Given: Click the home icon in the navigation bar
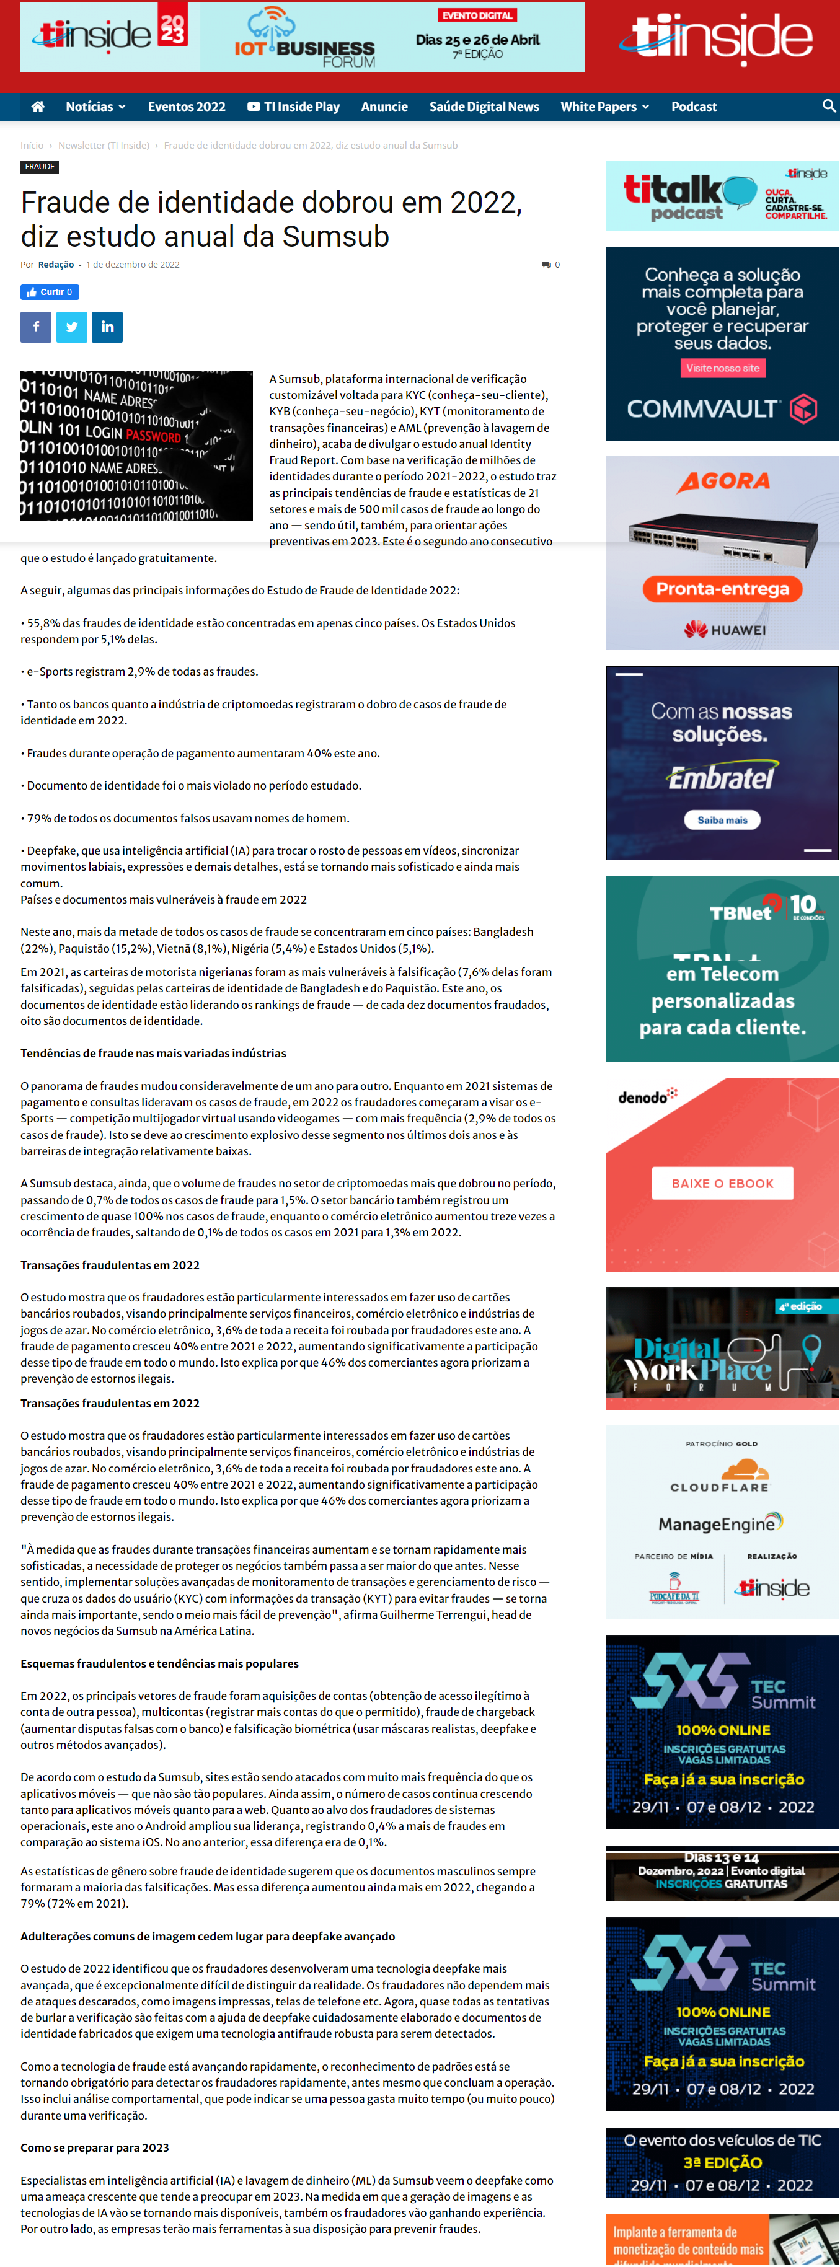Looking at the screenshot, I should pos(38,107).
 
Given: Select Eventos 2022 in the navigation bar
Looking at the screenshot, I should pos(186,107).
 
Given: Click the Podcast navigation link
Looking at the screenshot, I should pos(694,107).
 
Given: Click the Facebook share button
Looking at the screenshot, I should pos(36,327).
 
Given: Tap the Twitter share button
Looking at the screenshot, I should pos(71,327).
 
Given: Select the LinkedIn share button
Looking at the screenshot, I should pos(107,327).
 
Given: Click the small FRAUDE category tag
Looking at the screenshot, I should pos(40,166).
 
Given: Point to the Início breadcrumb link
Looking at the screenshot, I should pos(32,145).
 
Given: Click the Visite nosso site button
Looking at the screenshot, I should pos(722,368).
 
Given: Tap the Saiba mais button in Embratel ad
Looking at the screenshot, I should pos(722,819).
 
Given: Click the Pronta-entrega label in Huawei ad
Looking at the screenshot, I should pos(722,589).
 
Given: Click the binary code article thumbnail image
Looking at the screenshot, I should pos(136,446).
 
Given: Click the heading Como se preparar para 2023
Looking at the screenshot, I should pos(95,2147).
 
